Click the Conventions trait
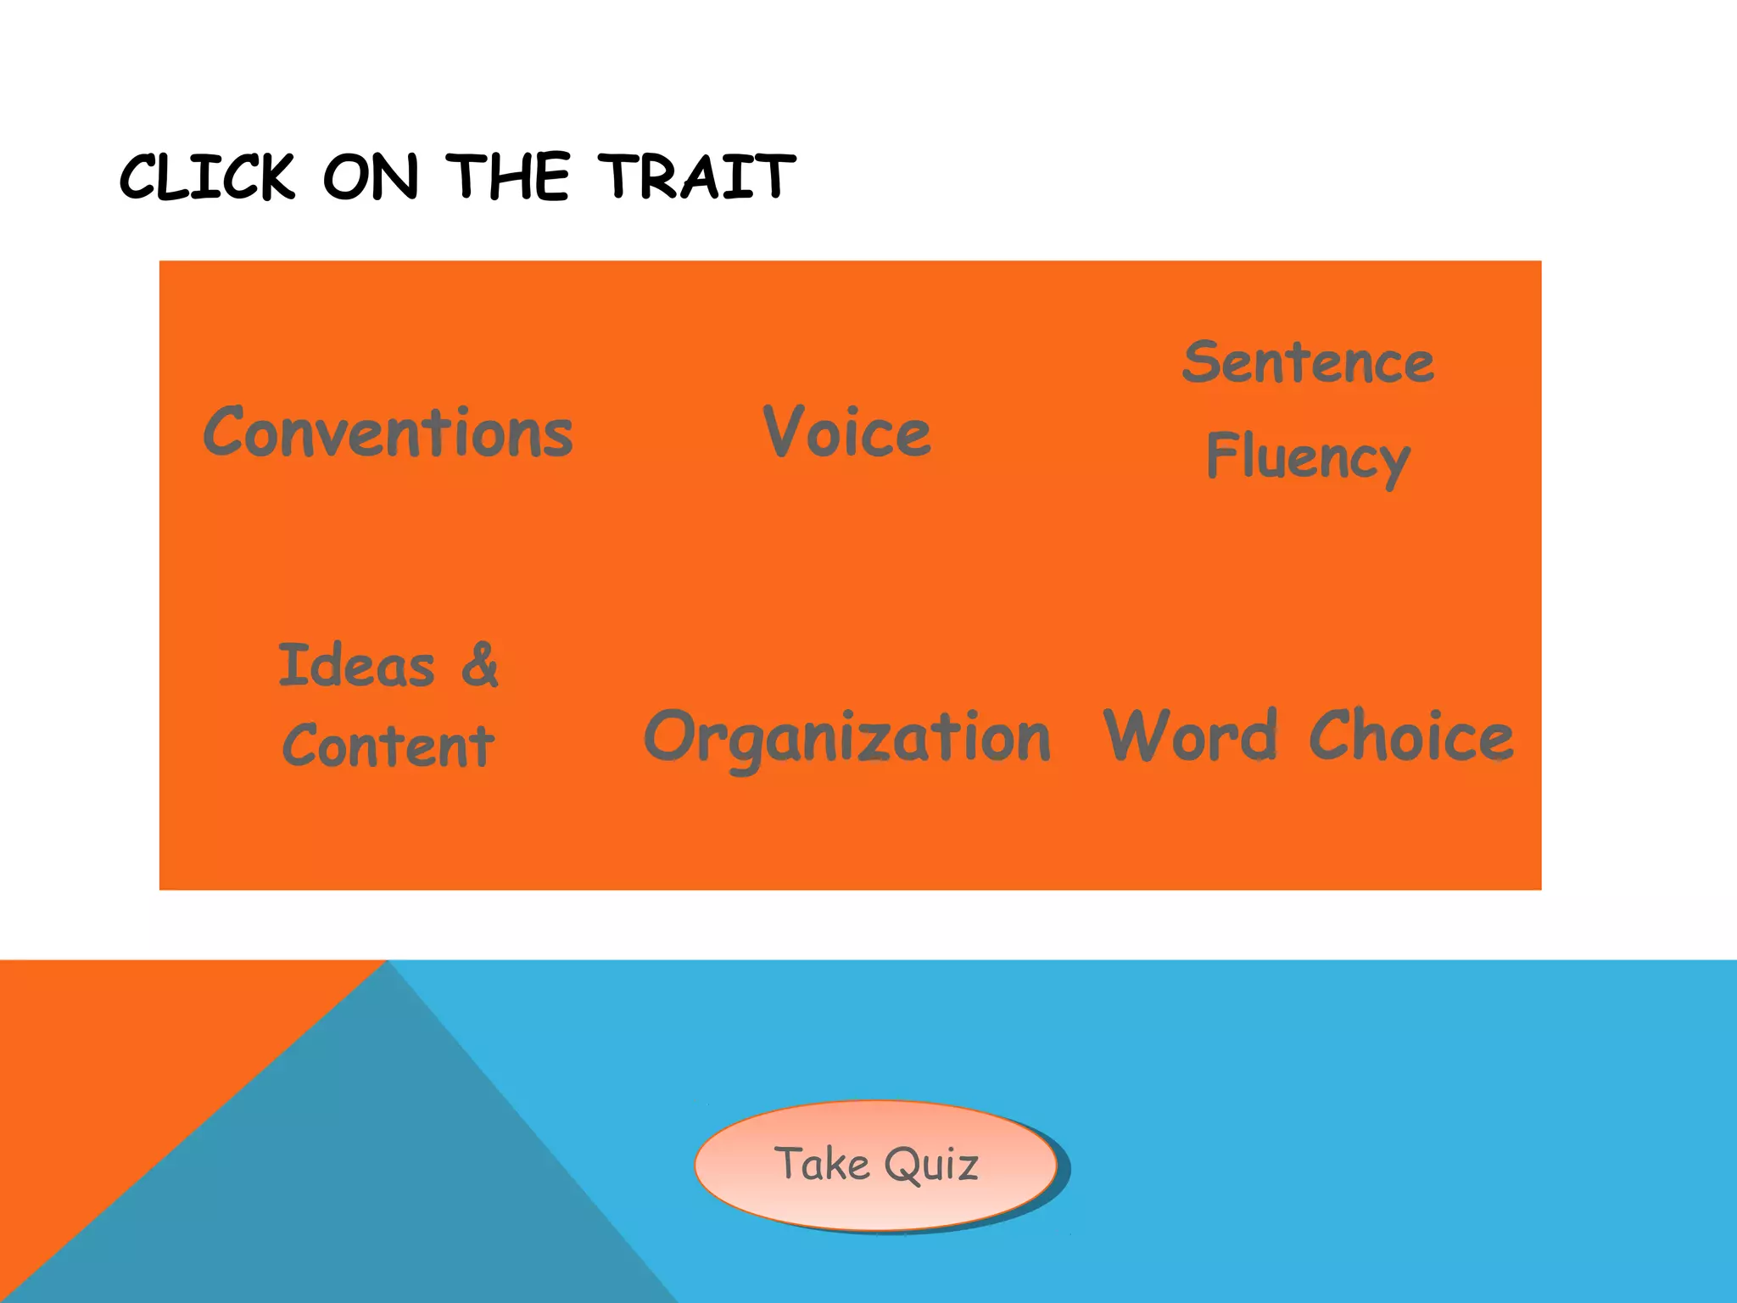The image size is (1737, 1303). tap(388, 433)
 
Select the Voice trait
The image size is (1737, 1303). tap(846, 433)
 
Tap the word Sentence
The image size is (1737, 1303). tap(1308, 363)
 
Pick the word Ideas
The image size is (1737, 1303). tap(356, 665)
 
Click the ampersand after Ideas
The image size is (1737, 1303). tap(480, 665)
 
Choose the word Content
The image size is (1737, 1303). tap(388, 747)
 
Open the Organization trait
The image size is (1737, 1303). tap(846, 736)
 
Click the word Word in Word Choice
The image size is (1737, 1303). tap(1189, 736)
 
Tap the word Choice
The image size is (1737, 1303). tap(1411, 736)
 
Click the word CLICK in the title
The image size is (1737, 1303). tap(208, 178)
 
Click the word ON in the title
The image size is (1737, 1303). tap(371, 178)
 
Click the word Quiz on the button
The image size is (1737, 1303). tap(931, 1164)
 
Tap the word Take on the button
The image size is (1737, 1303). tap(822, 1164)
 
